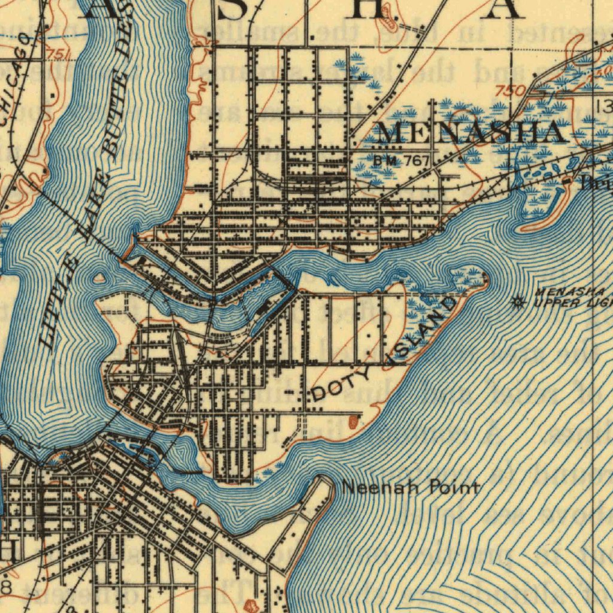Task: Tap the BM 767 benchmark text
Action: [402, 160]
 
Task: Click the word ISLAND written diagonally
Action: [422, 332]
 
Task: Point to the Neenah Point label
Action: [411, 488]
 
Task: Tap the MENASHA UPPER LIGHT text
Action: [572, 297]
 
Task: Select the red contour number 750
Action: [511, 90]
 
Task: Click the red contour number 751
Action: [57, 55]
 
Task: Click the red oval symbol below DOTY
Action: [353, 422]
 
